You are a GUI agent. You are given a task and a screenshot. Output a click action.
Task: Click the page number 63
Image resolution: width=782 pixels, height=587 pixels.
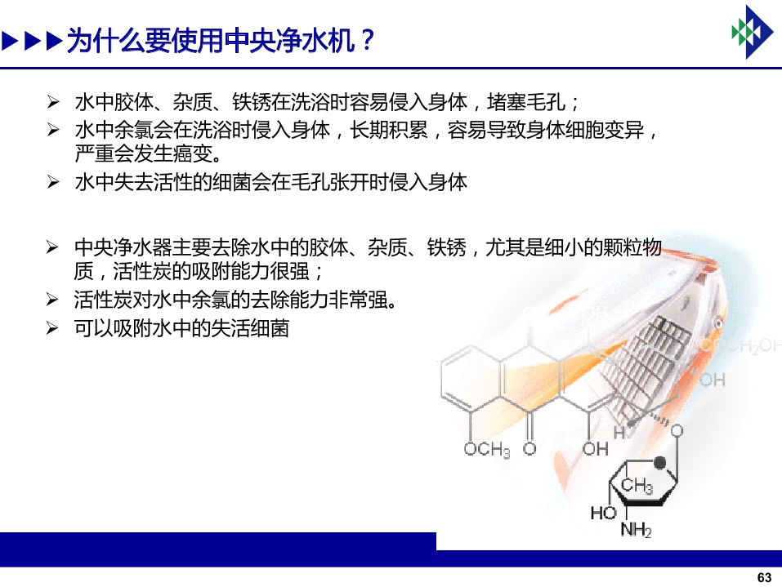pyautogui.click(x=764, y=577)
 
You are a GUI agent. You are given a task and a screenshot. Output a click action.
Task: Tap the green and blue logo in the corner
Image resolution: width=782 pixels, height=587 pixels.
pyautogui.click(x=753, y=32)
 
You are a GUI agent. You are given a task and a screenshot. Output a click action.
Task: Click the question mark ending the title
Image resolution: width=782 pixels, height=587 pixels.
pyautogui.click(x=368, y=40)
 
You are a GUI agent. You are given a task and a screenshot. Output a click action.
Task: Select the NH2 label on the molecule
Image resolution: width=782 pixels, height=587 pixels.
pyautogui.click(x=636, y=530)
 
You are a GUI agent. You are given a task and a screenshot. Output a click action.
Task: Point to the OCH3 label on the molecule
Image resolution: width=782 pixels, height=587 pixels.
pyautogui.click(x=487, y=450)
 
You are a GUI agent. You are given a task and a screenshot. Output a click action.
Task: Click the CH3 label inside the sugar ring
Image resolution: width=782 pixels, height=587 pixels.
pyautogui.click(x=637, y=484)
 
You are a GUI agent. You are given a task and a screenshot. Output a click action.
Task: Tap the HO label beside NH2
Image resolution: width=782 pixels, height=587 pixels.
pyautogui.click(x=604, y=513)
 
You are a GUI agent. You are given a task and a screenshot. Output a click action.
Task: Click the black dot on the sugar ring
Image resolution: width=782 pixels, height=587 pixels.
pyautogui.click(x=659, y=463)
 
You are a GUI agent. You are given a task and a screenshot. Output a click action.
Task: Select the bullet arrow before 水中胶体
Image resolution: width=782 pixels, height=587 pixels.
pyautogui.click(x=53, y=102)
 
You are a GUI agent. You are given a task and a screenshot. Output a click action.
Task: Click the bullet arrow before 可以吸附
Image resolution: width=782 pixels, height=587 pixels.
pyautogui.click(x=52, y=328)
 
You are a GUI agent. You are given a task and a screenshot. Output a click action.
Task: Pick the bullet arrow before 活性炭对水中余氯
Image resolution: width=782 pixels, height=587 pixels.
pyautogui.click(x=52, y=300)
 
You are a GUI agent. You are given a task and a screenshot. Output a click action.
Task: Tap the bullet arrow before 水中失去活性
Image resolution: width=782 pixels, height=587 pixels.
pyautogui.click(x=53, y=182)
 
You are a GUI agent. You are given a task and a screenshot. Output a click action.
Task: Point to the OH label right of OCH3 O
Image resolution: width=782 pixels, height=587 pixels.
pyautogui.click(x=596, y=449)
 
